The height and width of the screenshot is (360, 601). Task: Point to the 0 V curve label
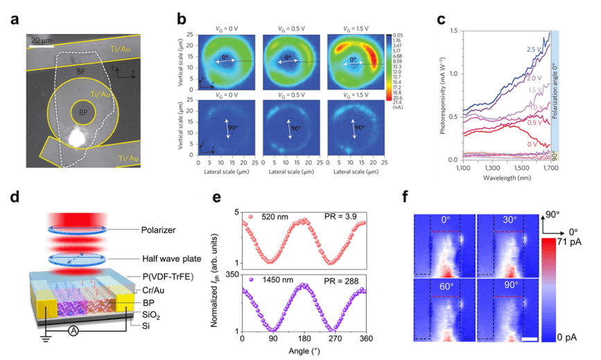[532, 144]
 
